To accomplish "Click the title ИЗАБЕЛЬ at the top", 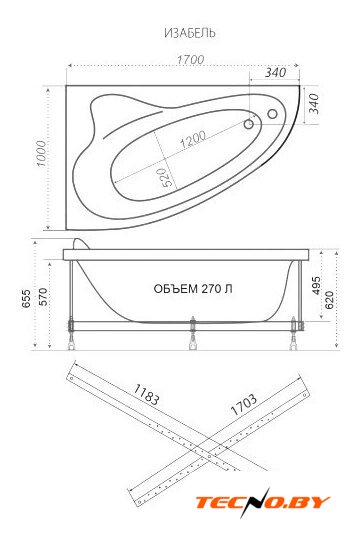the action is (190, 33).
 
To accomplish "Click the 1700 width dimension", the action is (190, 59).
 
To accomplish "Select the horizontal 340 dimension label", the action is (276, 72).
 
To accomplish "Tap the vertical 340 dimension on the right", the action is (313, 104).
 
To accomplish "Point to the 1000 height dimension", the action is (41, 153).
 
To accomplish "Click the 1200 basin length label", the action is (193, 139).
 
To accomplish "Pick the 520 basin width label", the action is (165, 177).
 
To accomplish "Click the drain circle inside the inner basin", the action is (249, 124).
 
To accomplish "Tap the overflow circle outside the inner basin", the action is (272, 114).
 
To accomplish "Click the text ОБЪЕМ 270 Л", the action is (193, 289).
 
